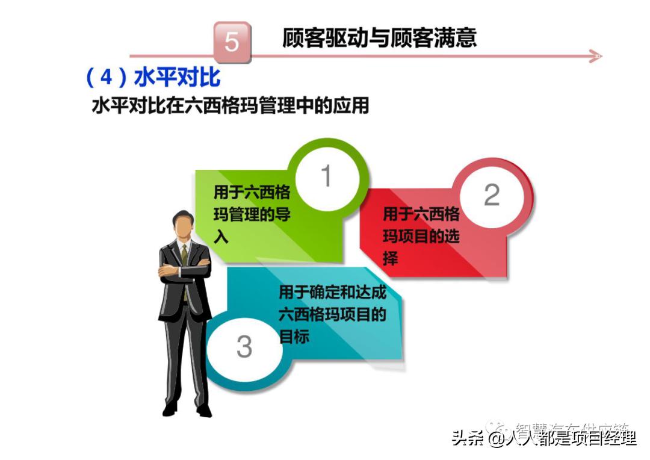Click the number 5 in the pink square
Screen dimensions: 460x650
click(x=232, y=42)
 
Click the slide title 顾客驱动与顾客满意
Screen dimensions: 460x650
click(x=379, y=38)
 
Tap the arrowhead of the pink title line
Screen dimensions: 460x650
click(x=595, y=57)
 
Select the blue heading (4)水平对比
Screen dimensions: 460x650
click(x=153, y=78)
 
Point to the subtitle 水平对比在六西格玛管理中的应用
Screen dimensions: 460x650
click(x=230, y=106)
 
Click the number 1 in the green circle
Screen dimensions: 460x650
click(x=326, y=176)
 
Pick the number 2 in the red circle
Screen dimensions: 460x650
click(x=492, y=194)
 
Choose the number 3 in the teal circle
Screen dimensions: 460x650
click(x=244, y=347)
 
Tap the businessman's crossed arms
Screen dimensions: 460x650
click(x=184, y=272)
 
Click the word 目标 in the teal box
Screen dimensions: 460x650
click(x=294, y=336)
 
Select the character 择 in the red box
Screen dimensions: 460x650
click(x=391, y=258)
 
